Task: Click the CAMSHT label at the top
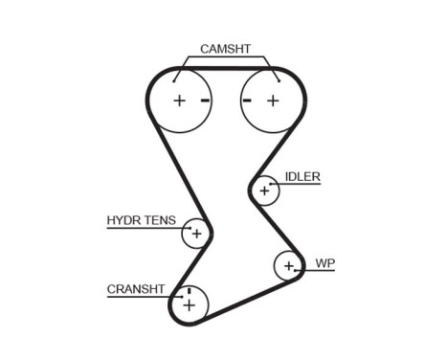pyautogui.click(x=224, y=49)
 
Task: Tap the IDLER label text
pyautogui.click(x=302, y=177)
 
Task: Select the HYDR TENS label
pyautogui.click(x=141, y=220)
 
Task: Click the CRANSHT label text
pyautogui.click(x=136, y=288)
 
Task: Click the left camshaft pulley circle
pyautogui.click(x=179, y=101)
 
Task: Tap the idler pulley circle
pyautogui.click(x=264, y=191)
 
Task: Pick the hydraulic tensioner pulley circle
pyautogui.click(x=196, y=233)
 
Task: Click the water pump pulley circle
pyautogui.click(x=288, y=265)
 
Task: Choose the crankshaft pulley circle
pyautogui.click(x=189, y=304)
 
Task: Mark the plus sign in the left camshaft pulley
pyautogui.click(x=179, y=101)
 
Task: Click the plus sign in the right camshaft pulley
pyautogui.click(x=272, y=101)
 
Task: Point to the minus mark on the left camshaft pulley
pyautogui.click(x=205, y=101)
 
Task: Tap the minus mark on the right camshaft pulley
pyautogui.click(x=247, y=101)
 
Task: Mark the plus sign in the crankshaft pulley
pyautogui.click(x=189, y=305)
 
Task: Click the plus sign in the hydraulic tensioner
pyautogui.click(x=196, y=233)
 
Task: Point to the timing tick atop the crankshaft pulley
pyautogui.click(x=189, y=290)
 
